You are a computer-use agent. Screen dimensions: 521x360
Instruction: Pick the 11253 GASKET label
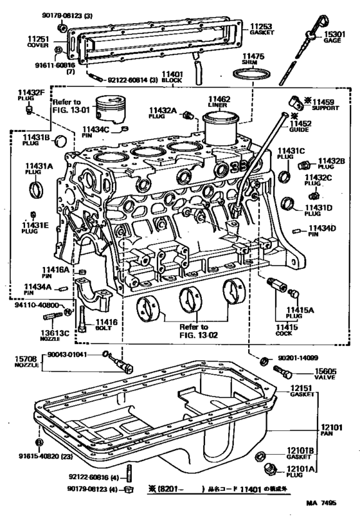pos(262,30)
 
